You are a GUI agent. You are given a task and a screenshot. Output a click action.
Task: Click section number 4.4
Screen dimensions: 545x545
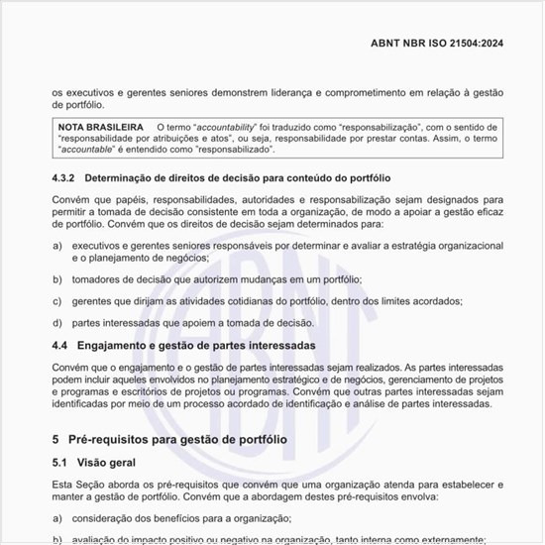click(x=61, y=346)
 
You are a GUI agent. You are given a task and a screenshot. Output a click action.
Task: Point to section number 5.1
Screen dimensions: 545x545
click(x=61, y=463)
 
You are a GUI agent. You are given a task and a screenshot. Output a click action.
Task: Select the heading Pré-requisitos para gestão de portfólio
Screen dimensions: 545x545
click(x=177, y=438)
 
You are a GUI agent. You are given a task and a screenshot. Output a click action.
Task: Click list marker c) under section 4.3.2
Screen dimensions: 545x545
click(x=56, y=300)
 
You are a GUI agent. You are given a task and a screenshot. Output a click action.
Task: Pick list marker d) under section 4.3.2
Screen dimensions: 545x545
click(x=56, y=322)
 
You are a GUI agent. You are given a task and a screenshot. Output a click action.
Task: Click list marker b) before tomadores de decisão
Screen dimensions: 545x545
click(x=56, y=279)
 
